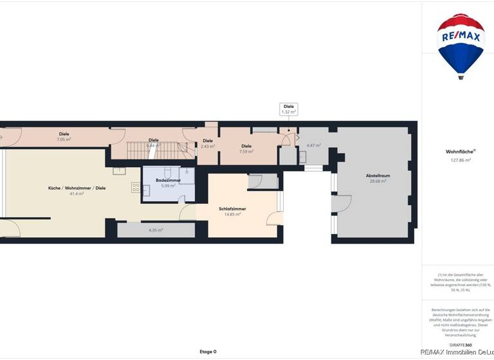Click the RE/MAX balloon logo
[x=461, y=45]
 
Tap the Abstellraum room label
[x=378, y=175]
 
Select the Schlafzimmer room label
[x=232, y=209]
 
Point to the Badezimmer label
[x=169, y=181]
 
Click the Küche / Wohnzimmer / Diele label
[x=77, y=188]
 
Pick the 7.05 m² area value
[x=64, y=139]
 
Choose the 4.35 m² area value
[x=156, y=230]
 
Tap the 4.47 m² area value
[x=313, y=145]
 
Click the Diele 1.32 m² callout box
[x=289, y=109]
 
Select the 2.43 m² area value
[x=208, y=146]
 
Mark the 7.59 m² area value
[x=246, y=152]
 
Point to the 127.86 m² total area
[x=461, y=160]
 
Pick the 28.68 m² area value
[x=378, y=181]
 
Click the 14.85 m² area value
[x=232, y=214]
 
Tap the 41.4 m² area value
[x=77, y=194]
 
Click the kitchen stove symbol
[x=136, y=187]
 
